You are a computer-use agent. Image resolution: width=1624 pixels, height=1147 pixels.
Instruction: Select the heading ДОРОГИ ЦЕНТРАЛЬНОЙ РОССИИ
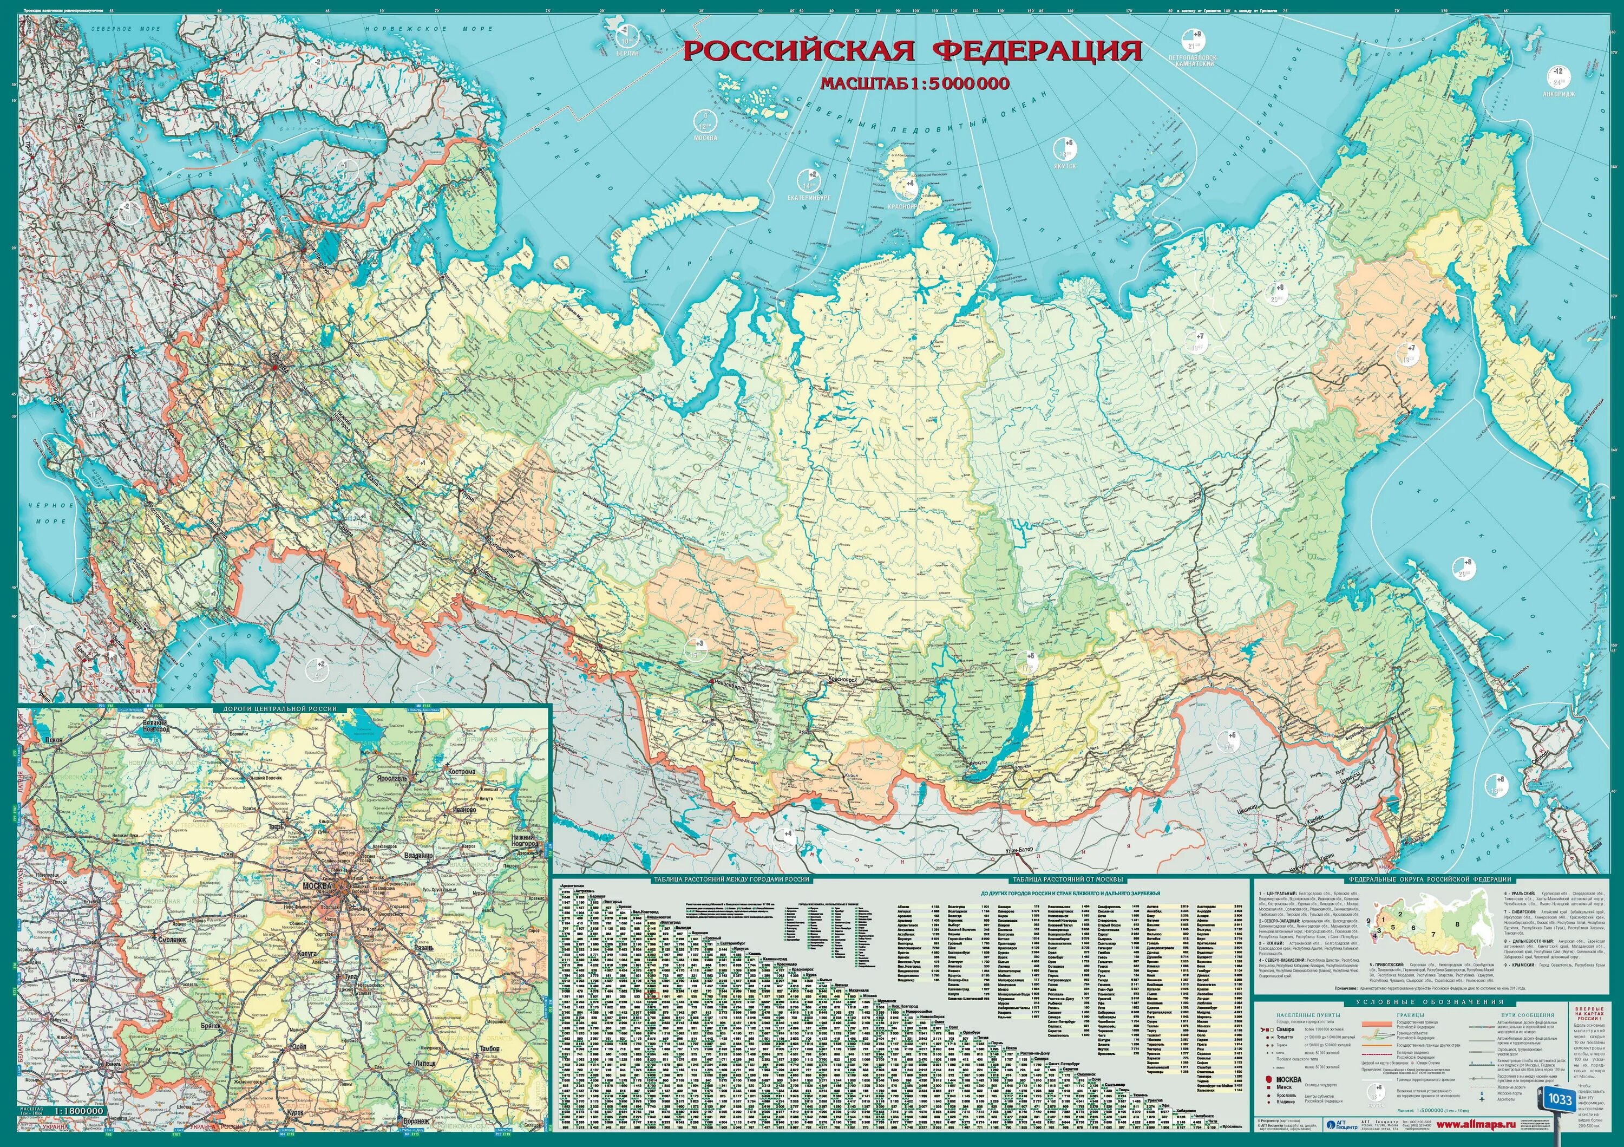coord(280,708)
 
